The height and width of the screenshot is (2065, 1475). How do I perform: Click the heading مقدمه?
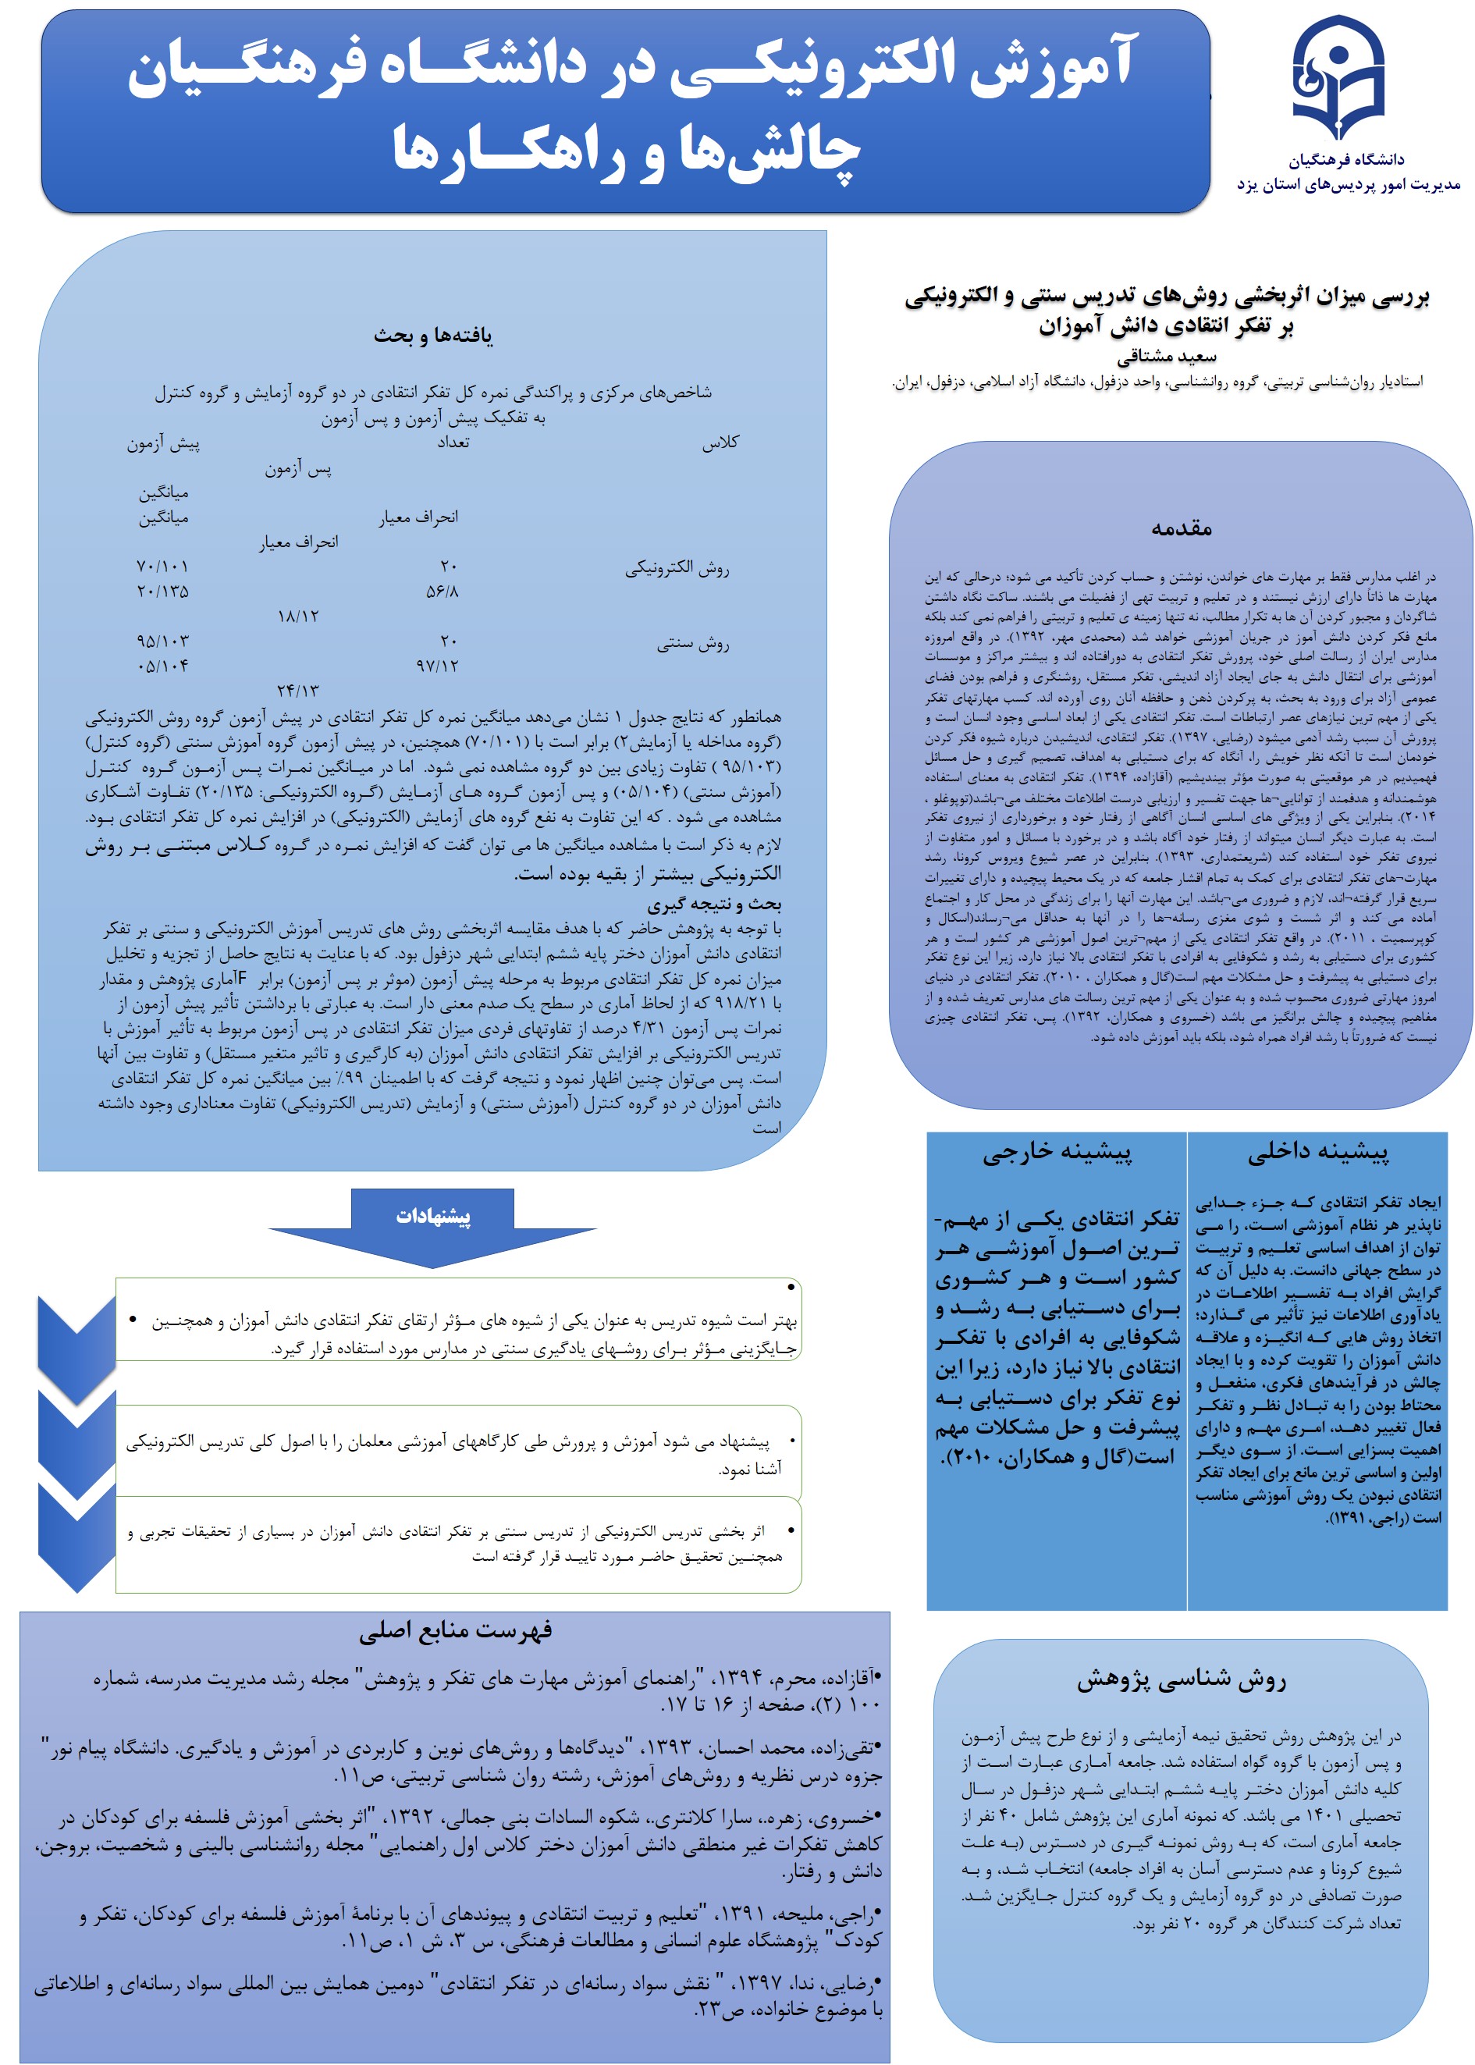pos(1181,528)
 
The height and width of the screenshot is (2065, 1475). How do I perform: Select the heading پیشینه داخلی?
pos(1317,1153)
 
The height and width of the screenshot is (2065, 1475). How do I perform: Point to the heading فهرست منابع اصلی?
pos(455,1632)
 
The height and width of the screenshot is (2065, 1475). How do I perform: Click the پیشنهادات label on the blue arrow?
pos(433,1216)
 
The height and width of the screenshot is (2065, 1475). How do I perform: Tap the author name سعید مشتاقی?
pos(1166,356)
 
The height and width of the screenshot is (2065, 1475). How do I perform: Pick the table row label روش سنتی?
pos(693,644)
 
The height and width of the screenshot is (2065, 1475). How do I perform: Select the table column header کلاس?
pos(720,442)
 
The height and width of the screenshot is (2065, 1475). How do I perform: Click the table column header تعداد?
pos(453,442)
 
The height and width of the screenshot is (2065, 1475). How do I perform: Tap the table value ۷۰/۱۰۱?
pos(162,567)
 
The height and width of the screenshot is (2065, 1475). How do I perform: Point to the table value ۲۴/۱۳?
pos(298,690)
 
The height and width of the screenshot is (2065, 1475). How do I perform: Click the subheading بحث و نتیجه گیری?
pos(714,905)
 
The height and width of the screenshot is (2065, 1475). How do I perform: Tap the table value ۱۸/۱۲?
pos(298,616)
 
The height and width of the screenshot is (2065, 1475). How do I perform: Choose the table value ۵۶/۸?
pos(442,591)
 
